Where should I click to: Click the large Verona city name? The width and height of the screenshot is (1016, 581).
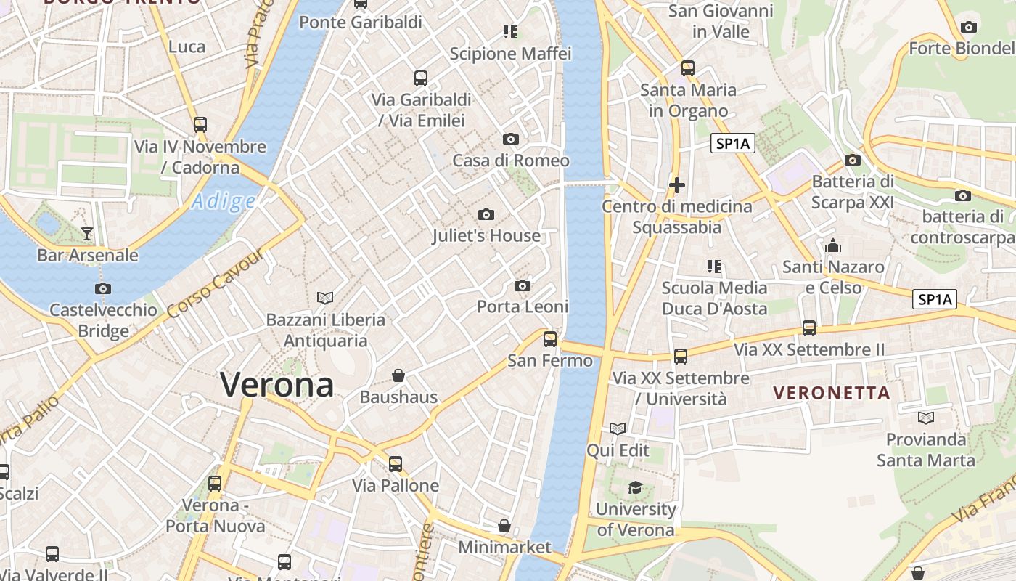[276, 385]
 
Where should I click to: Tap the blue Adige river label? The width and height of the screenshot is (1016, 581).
[224, 201]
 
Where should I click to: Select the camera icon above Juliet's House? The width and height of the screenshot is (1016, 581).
[486, 214]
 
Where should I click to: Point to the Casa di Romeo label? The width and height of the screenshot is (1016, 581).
[511, 160]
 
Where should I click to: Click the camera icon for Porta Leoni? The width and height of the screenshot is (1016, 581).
[522, 285]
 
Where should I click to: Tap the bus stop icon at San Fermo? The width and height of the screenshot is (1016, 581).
[550, 338]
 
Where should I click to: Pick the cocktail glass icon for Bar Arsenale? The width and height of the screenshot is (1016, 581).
[87, 233]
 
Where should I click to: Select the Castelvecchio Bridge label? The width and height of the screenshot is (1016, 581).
[103, 320]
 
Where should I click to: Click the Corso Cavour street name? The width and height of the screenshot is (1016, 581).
[215, 283]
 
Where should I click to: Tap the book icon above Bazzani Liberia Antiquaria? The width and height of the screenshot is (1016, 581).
[325, 298]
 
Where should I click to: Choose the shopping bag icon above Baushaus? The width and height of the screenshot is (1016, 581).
[398, 375]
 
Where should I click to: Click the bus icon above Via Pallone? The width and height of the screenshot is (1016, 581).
[396, 463]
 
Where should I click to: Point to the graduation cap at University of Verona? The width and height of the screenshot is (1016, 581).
[636, 487]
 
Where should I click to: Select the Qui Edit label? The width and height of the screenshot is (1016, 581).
[618, 450]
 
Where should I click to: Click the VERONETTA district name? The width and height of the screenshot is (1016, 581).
[832, 393]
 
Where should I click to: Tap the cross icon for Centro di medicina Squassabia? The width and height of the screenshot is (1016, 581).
[677, 185]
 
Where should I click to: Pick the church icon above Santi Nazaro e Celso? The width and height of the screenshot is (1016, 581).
[833, 245]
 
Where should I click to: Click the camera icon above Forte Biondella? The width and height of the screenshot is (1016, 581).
[968, 28]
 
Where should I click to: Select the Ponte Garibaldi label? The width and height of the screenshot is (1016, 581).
[361, 23]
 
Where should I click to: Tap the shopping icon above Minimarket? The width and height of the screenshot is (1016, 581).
[504, 525]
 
